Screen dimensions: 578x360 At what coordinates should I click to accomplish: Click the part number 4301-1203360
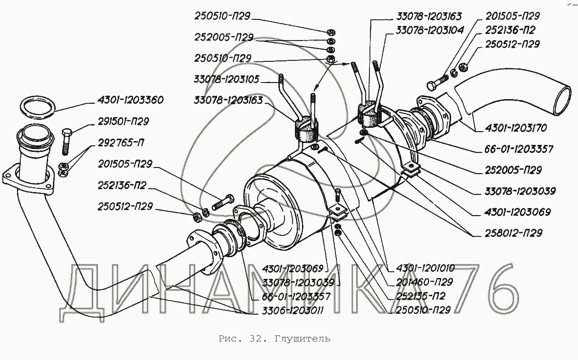[130, 100]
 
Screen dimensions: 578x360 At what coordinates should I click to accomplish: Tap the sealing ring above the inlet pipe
[38, 108]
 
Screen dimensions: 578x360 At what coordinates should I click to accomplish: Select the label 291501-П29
[123, 122]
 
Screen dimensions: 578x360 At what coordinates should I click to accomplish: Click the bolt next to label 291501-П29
[66, 142]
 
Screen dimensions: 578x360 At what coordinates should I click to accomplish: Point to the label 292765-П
[121, 142]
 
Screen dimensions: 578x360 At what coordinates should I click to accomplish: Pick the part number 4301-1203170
[516, 128]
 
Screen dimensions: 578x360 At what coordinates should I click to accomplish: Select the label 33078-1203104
[430, 31]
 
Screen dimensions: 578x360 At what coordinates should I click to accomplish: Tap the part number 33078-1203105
[226, 79]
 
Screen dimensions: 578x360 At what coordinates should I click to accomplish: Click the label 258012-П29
[513, 233]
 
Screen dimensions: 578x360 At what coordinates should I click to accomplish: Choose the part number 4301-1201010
[425, 268]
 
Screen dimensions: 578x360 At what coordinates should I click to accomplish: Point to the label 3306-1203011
[293, 311]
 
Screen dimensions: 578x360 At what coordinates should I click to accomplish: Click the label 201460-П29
[424, 282]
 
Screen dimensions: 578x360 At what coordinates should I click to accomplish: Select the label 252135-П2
[420, 296]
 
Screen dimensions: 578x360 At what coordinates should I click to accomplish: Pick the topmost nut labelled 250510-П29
[331, 33]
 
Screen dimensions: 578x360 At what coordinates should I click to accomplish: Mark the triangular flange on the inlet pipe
[29, 180]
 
